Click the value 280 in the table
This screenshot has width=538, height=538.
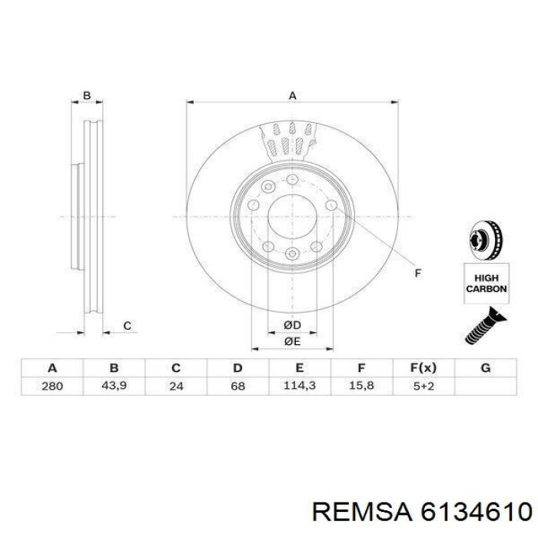coord(52,387)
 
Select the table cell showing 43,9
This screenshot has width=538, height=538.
coord(114,387)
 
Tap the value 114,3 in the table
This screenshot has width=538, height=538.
coord(300,387)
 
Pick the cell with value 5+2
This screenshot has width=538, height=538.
coord(423,387)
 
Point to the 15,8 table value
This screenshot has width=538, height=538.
coord(361,387)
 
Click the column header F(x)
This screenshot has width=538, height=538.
coord(423,368)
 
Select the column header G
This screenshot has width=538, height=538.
coord(485,368)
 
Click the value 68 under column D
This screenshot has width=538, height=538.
coord(237,387)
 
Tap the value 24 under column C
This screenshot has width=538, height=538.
coord(176,387)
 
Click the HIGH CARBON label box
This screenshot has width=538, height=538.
coord(485,283)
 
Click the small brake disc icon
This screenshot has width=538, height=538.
coord(485,241)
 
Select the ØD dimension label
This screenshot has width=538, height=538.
coord(292,326)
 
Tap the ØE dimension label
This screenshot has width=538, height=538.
coord(292,341)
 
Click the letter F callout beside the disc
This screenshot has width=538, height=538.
coord(418,273)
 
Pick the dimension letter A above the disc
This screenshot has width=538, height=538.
coord(292,96)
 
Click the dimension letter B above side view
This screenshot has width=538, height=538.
coord(87,96)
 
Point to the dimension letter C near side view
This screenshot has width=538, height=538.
coord(127,327)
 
